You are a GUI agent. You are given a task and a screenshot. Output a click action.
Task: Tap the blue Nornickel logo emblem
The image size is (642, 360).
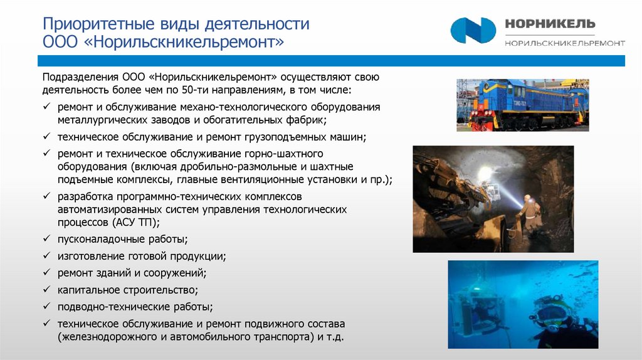click(473, 30)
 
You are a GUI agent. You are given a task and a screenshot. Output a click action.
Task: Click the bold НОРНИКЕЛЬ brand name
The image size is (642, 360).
click(549, 24)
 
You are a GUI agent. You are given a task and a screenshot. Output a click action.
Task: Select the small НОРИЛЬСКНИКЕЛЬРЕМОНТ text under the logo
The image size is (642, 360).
click(564, 43)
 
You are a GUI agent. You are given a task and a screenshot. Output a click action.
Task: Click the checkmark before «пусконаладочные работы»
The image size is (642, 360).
click(48, 239)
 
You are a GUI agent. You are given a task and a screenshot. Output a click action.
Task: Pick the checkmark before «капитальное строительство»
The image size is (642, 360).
click(48, 290)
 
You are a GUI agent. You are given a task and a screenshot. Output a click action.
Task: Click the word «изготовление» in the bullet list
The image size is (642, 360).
click(89, 256)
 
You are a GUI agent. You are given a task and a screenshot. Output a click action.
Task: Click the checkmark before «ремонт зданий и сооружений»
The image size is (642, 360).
click(48, 273)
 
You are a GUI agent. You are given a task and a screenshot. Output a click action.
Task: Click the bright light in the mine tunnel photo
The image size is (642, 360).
click(487, 172)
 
